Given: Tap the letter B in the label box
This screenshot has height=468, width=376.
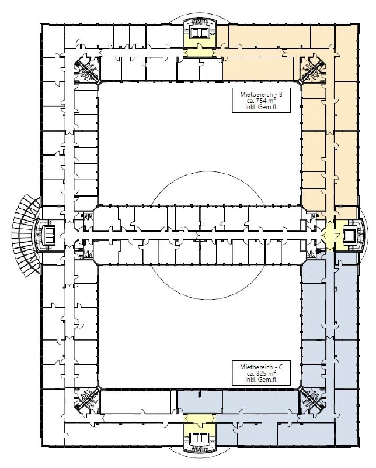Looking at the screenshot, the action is tap(280, 94).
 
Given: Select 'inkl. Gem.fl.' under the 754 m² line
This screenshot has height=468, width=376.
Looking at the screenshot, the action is tap(262, 108).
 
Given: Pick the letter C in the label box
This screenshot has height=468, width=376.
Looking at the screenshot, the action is tap(280, 367).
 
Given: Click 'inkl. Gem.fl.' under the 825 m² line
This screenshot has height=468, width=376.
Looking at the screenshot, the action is tap(262, 380).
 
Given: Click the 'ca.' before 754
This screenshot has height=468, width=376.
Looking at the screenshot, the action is tap(251, 101).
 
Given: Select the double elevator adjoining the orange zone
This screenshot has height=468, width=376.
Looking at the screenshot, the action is tap(199, 32).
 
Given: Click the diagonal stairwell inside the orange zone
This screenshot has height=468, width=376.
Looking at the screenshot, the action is tap(312, 69).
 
